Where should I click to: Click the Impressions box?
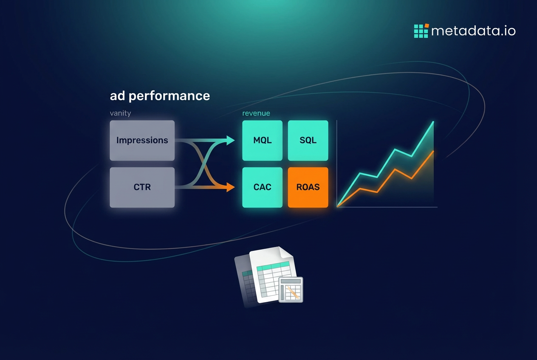pyautogui.click(x=142, y=141)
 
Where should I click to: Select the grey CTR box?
pyautogui.click(x=142, y=187)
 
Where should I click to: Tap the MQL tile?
pyautogui.click(x=262, y=141)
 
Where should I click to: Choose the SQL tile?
pyautogui.click(x=308, y=141)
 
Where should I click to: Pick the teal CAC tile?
pyautogui.click(x=262, y=187)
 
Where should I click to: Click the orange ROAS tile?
pyautogui.click(x=308, y=187)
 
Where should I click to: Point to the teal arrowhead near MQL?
pyautogui.click(x=231, y=141)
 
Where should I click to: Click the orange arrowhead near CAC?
pyautogui.click(x=231, y=187)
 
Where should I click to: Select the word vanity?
pyautogui.click(x=120, y=113)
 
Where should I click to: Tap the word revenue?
pyautogui.click(x=256, y=113)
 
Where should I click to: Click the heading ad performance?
pyautogui.click(x=160, y=96)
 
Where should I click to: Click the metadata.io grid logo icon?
pyautogui.click(x=421, y=31)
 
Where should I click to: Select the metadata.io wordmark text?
pyautogui.click(x=473, y=31)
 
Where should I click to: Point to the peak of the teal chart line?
pyautogui.click(x=433, y=122)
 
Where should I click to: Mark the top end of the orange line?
pyautogui.click(x=433, y=151)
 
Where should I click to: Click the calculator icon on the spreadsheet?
pyautogui.click(x=291, y=290)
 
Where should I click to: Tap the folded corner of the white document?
pyautogui.click(x=286, y=253)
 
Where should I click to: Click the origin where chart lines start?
pyautogui.click(x=337, y=206)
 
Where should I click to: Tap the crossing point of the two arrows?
pyautogui.click(x=204, y=164)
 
